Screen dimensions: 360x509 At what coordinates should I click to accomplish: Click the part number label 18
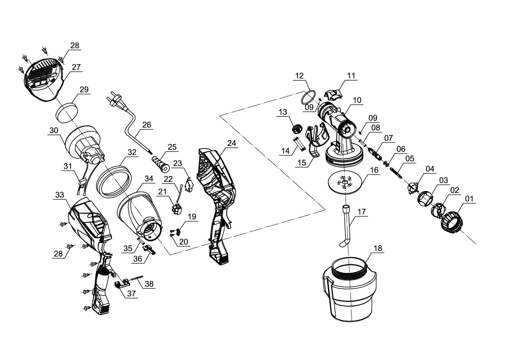click(x=378, y=249)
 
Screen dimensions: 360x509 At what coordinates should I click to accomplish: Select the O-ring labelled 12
click(x=308, y=97)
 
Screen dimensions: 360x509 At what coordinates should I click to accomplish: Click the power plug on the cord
click(x=114, y=100)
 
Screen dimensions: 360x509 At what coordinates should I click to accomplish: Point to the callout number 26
click(x=147, y=125)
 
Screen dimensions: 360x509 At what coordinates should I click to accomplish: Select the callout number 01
click(x=469, y=199)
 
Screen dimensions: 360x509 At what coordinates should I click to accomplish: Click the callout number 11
click(x=351, y=76)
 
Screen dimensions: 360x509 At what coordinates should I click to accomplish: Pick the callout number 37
click(x=131, y=294)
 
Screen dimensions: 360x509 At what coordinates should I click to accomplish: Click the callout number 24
click(x=232, y=143)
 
